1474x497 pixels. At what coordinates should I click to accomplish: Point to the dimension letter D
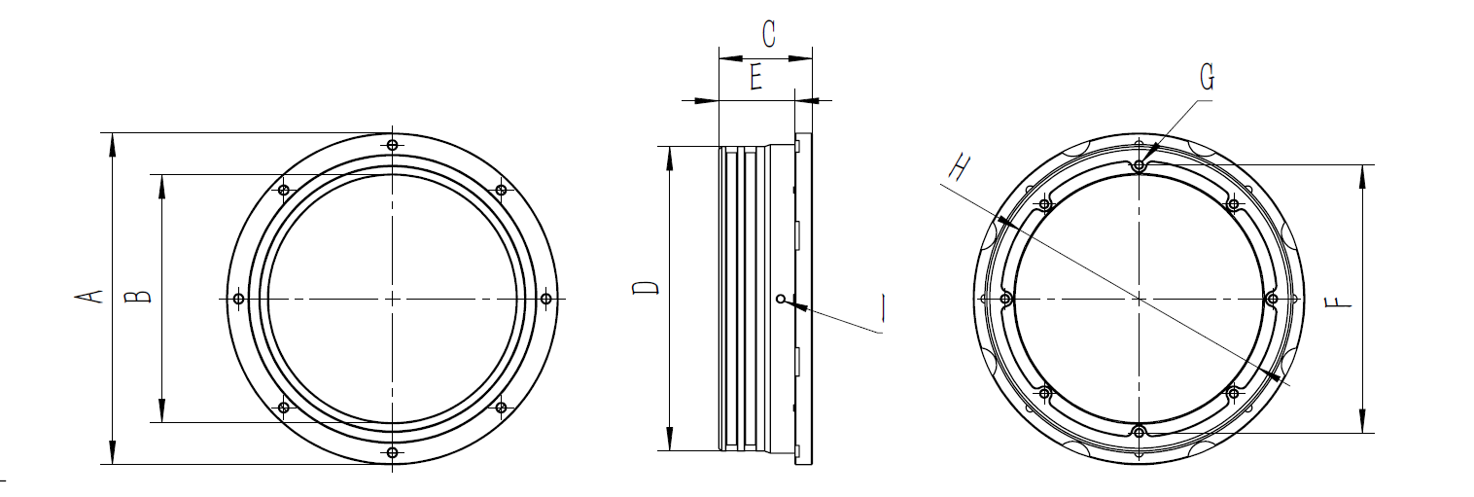[x=646, y=290]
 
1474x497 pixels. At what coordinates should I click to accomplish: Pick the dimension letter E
[x=755, y=78]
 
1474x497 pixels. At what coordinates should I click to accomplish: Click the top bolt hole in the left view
[x=392, y=145]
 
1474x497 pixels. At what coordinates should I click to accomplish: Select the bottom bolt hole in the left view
[x=392, y=452]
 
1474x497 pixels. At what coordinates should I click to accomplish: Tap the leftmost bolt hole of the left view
[x=238, y=298]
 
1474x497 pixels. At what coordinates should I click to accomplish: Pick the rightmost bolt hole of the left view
[x=545, y=298]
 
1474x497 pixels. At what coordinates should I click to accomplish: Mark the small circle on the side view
[x=781, y=299]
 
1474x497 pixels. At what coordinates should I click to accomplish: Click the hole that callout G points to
[x=1140, y=164]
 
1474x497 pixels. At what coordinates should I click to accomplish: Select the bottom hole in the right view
[x=1140, y=431]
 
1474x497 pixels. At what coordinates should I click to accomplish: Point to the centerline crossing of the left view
[x=392, y=298]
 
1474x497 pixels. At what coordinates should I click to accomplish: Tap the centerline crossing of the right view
[x=1140, y=298]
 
